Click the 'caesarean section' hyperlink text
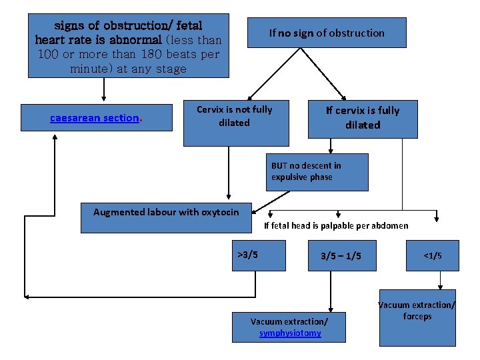95,118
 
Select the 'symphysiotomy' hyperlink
290,333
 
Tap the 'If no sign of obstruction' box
327,32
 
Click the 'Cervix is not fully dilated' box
236,124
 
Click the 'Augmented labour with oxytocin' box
166,217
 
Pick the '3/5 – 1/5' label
341,256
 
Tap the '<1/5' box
433,255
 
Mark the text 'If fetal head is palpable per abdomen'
336,225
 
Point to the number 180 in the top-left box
141,54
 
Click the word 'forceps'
417,317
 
